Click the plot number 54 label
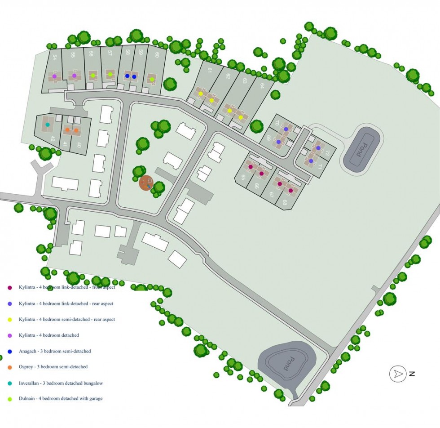pyautogui.click(x=55, y=58)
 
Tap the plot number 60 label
pyautogui.click(x=157, y=55)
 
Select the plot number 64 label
pyautogui.click(x=262, y=86)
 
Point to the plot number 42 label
pyautogui.click(x=53, y=139)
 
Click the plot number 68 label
pyautogui.click(x=285, y=202)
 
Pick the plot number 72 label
pyautogui.click(x=327, y=153)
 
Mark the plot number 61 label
pyautogui.click(x=210, y=70)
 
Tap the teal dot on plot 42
pyautogui.click(x=48, y=125)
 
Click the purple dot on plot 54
pyautogui.click(x=54, y=76)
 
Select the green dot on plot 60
pyautogui.click(x=152, y=80)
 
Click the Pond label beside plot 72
pyautogui.click(x=361, y=149)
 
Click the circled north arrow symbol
pyautogui.click(x=397, y=374)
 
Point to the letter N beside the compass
pyautogui.click(x=412, y=374)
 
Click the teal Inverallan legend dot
pyautogui.click(x=9, y=383)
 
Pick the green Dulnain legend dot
pyautogui.click(x=9, y=399)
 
